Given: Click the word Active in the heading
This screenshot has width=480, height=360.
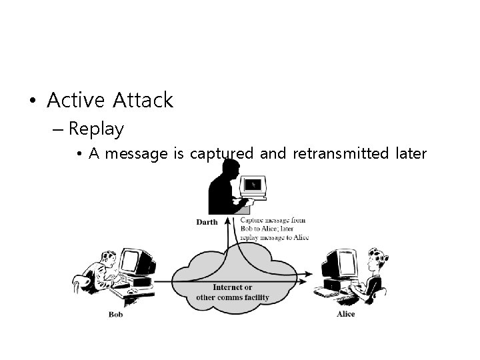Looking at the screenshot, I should pyautogui.click(x=76, y=101).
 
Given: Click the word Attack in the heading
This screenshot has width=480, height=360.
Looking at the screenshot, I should pyautogui.click(x=143, y=101).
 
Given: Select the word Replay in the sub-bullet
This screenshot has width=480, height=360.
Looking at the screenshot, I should pyautogui.click(x=96, y=128).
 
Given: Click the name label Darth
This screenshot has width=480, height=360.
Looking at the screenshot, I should pyautogui.click(x=207, y=222).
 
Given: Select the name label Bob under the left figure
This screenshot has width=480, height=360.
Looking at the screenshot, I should pyautogui.click(x=116, y=314).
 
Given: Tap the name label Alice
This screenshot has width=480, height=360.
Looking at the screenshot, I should pyautogui.click(x=345, y=314).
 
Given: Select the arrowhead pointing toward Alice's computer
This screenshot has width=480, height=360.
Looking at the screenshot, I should pyautogui.click(x=309, y=273).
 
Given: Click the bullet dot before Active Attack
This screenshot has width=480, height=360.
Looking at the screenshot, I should pyautogui.click(x=32, y=101).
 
